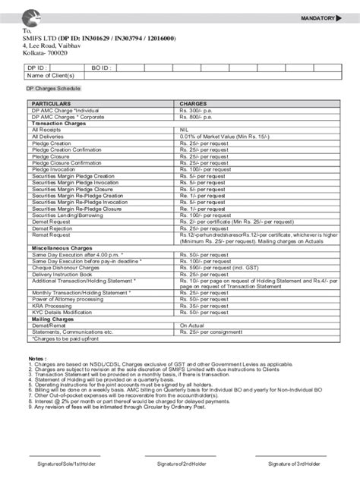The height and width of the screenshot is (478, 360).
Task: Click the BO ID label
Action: coord(100,68)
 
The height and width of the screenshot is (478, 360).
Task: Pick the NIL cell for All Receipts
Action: coord(185,130)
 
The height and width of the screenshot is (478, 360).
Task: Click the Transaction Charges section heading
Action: coord(58,123)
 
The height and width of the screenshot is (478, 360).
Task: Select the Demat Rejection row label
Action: coord(53,228)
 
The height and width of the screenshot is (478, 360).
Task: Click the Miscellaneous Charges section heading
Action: coord(64,247)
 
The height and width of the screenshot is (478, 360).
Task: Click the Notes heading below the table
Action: coord(37,357)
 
